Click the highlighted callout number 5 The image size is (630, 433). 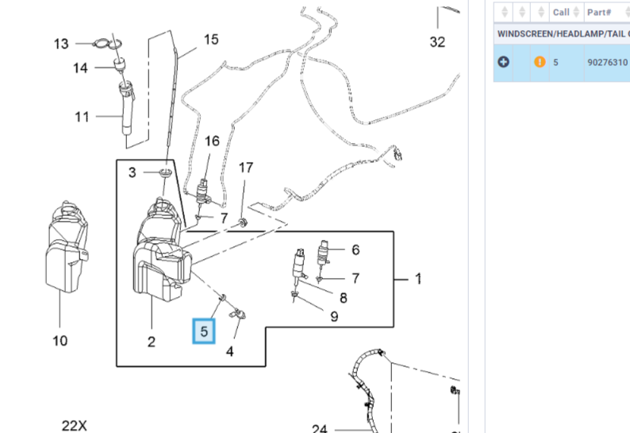205,331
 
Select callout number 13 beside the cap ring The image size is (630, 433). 62,44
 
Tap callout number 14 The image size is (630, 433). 80,68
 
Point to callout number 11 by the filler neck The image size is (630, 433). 82,117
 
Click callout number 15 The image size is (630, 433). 210,39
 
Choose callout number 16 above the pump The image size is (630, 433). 212,141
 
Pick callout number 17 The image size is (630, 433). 246,168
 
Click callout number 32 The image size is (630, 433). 438,42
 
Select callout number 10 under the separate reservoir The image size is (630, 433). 60,341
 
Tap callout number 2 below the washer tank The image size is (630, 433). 151,342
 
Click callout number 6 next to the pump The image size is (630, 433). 355,249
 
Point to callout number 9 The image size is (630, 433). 334,317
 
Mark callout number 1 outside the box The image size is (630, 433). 418,280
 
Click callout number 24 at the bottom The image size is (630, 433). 319,429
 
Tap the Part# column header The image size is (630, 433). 598,12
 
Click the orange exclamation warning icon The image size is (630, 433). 540,61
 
